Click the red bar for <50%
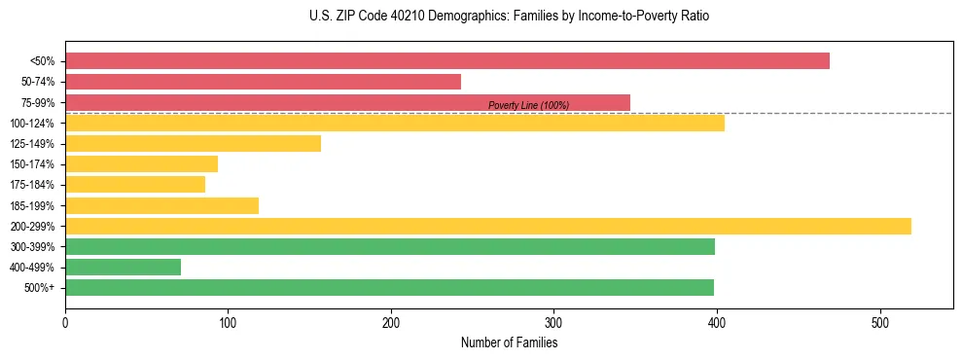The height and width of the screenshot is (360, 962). [x=447, y=61]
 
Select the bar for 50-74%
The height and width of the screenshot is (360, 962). [x=263, y=82]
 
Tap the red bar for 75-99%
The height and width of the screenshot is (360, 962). [x=347, y=102]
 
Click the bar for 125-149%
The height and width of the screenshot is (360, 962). [x=193, y=144]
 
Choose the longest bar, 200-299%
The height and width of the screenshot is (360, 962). [x=488, y=227]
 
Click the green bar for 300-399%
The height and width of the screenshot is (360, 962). [x=389, y=247]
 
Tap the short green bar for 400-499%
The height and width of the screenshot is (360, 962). [x=123, y=268]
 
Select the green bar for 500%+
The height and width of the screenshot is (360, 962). [x=389, y=288]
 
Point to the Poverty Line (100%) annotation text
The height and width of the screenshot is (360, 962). [x=528, y=105]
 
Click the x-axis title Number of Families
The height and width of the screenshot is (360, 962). [x=509, y=342]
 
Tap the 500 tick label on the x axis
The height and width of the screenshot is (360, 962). [x=879, y=322]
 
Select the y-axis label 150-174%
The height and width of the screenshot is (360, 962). [x=32, y=164]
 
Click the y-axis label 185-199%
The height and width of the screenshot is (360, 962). [x=32, y=206]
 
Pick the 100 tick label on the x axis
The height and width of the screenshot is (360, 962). [x=228, y=322]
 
